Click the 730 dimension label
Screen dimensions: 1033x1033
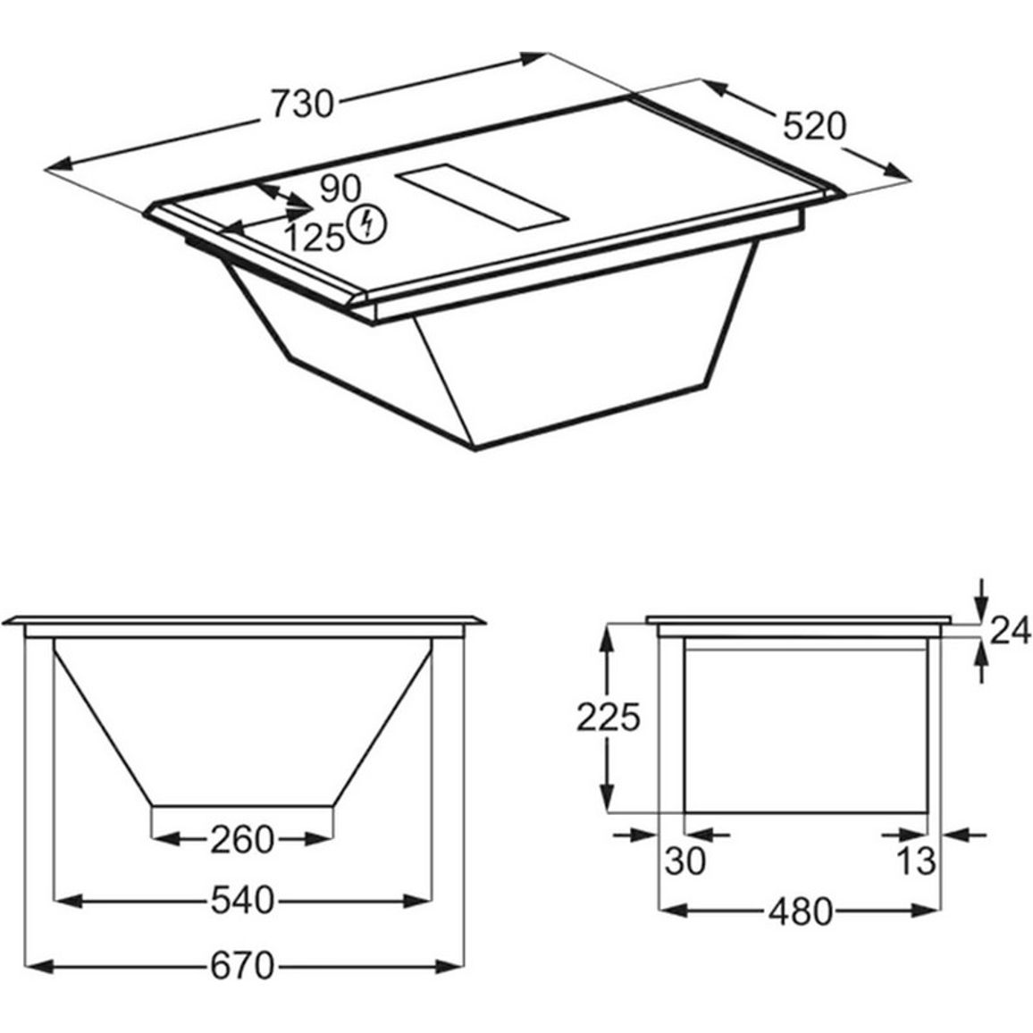click(303, 104)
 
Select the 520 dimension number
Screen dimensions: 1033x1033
click(813, 126)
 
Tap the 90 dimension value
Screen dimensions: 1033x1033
click(340, 189)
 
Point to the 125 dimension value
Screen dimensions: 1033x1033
click(315, 237)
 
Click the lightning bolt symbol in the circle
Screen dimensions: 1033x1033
click(367, 223)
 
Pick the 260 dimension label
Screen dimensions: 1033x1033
click(242, 840)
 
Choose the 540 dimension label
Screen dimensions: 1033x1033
click(242, 900)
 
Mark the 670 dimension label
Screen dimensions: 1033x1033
click(242, 967)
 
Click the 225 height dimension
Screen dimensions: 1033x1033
click(608, 718)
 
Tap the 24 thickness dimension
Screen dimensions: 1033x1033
click(1010, 632)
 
